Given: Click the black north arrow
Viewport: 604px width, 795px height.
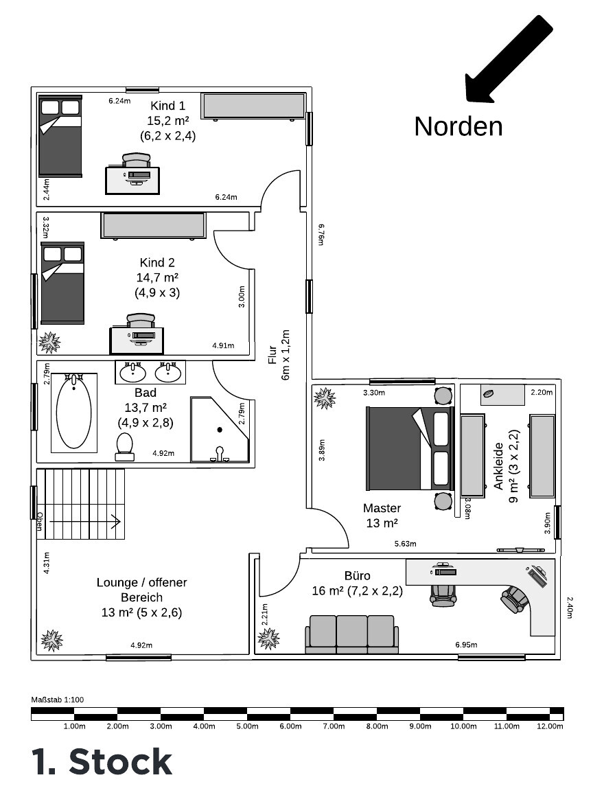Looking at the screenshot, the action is pyautogui.click(x=509, y=58).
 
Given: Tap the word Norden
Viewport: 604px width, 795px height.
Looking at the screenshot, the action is pyautogui.click(x=458, y=126).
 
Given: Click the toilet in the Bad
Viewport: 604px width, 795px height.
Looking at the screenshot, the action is pyautogui.click(x=125, y=447).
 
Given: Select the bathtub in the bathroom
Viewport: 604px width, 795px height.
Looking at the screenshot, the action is pyautogui.click(x=74, y=412).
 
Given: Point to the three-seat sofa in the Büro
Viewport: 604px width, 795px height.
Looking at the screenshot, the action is pyautogui.click(x=351, y=634).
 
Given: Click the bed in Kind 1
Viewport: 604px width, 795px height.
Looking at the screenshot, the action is pyautogui.click(x=60, y=136).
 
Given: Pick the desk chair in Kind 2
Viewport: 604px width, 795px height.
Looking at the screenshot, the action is pyautogui.click(x=140, y=321).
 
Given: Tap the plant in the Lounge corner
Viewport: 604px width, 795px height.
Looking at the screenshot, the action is pyautogui.click(x=51, y=641).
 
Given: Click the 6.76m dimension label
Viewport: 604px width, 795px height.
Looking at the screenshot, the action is pyautogui.click(x=321, y=235).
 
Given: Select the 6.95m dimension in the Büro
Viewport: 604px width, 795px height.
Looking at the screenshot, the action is pyautogui.click(x=466, y=645).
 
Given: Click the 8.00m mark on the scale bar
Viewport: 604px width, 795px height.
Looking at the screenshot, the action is pyautogui.click(x=377, y=726).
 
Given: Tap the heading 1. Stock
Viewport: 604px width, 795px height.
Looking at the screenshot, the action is pyautogui.click(x=102, y=761).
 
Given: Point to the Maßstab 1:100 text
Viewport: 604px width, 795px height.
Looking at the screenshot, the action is pyautogui.click(x=58, y=700).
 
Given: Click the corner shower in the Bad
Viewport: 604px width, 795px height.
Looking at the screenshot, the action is pyautogui.click(x=220, y=430).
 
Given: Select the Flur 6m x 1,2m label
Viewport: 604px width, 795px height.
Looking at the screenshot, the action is pyautogui.click(x=279, y=355).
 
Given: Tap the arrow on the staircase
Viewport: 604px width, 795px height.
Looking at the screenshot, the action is pyautogui.click(x=85, y=521).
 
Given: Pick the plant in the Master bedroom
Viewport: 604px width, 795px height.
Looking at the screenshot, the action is pyautogui.click(x=324, y=398).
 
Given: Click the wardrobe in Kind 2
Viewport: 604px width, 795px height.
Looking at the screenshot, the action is pyautogui.click(x=153, y=226).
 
